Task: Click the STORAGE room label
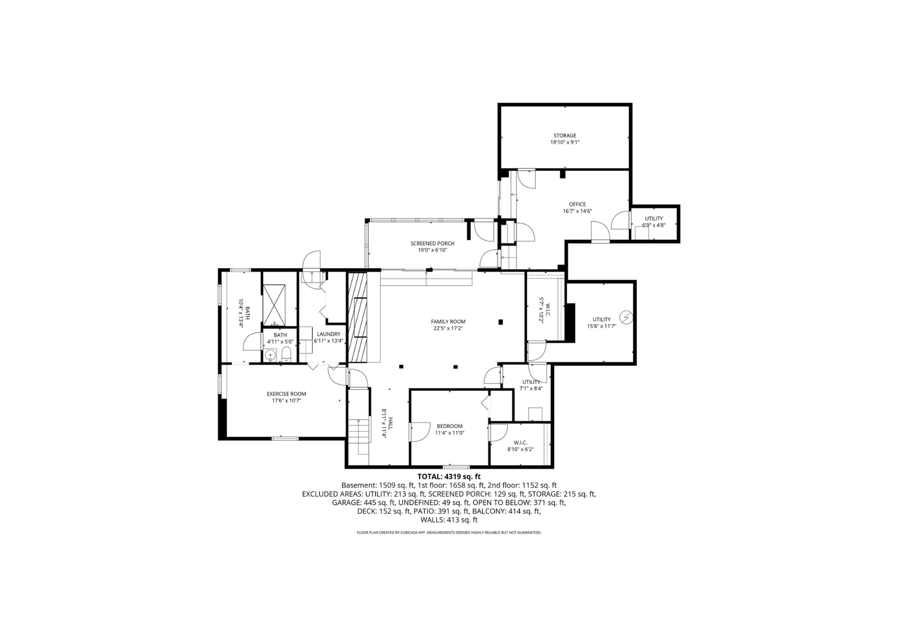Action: (x=565, y=136)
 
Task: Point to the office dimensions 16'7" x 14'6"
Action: (x=577, y=211)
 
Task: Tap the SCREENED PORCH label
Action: (x=432, y=243)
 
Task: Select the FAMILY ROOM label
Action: (x=448, y=322)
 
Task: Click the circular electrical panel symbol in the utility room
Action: (x=626, y=318)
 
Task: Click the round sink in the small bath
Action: (x=271, y=354)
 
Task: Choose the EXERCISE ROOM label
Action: (x=286, y=394)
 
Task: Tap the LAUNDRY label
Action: (x=328, y=334)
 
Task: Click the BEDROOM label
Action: (x=450, y=426)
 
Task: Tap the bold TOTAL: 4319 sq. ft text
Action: (x=449, y=476)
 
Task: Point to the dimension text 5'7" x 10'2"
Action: (x=541, y=310)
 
